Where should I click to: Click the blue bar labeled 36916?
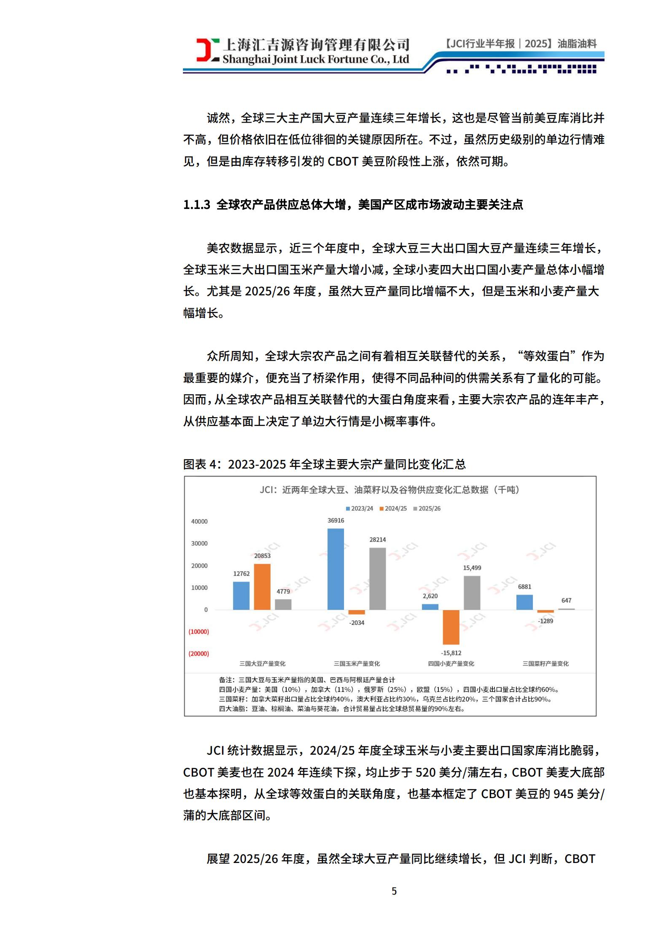[x=336, y=569]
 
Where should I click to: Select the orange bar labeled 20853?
[x=262, y=587]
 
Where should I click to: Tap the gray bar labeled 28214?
[x=377, y=579]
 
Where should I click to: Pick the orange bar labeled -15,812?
[x=451, y=627]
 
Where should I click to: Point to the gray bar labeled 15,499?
[x=472, y=592]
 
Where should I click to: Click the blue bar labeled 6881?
[x=524, y=602]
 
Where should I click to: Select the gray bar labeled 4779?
[x=283, y=604]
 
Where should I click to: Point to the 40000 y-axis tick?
[x=199, y=521]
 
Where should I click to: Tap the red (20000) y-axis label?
[x=199, y=654]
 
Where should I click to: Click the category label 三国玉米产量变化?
[x=357, y=664]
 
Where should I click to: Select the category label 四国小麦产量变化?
[x=451, y=664]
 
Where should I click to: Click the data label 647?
[x=566, y=600]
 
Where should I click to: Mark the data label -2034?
[x=357, y=623]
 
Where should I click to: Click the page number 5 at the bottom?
[x=394, y=891]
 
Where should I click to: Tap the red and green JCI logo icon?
[x=207, y=50]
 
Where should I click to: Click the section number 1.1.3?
[x=196, y=205]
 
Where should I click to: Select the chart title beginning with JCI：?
[x=390, y=490]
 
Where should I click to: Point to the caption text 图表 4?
[x=202, y=464]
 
